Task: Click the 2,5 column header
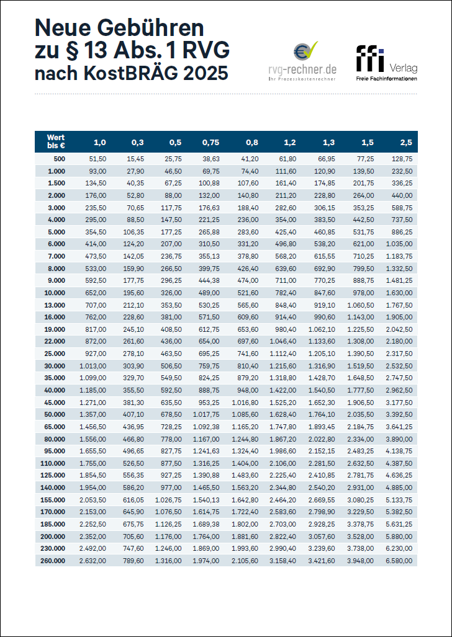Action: (405, 142)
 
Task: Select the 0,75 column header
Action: (210, 142)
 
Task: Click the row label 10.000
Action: (55, 292)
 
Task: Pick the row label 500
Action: (58, 159)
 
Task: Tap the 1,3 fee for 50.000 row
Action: (323, 414)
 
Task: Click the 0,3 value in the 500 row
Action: (135, 159)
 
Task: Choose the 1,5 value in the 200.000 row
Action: (362, 537)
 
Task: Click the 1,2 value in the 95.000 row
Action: (285, 450)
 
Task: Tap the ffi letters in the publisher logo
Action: (370, 59)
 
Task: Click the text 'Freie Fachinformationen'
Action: (386, 79)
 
